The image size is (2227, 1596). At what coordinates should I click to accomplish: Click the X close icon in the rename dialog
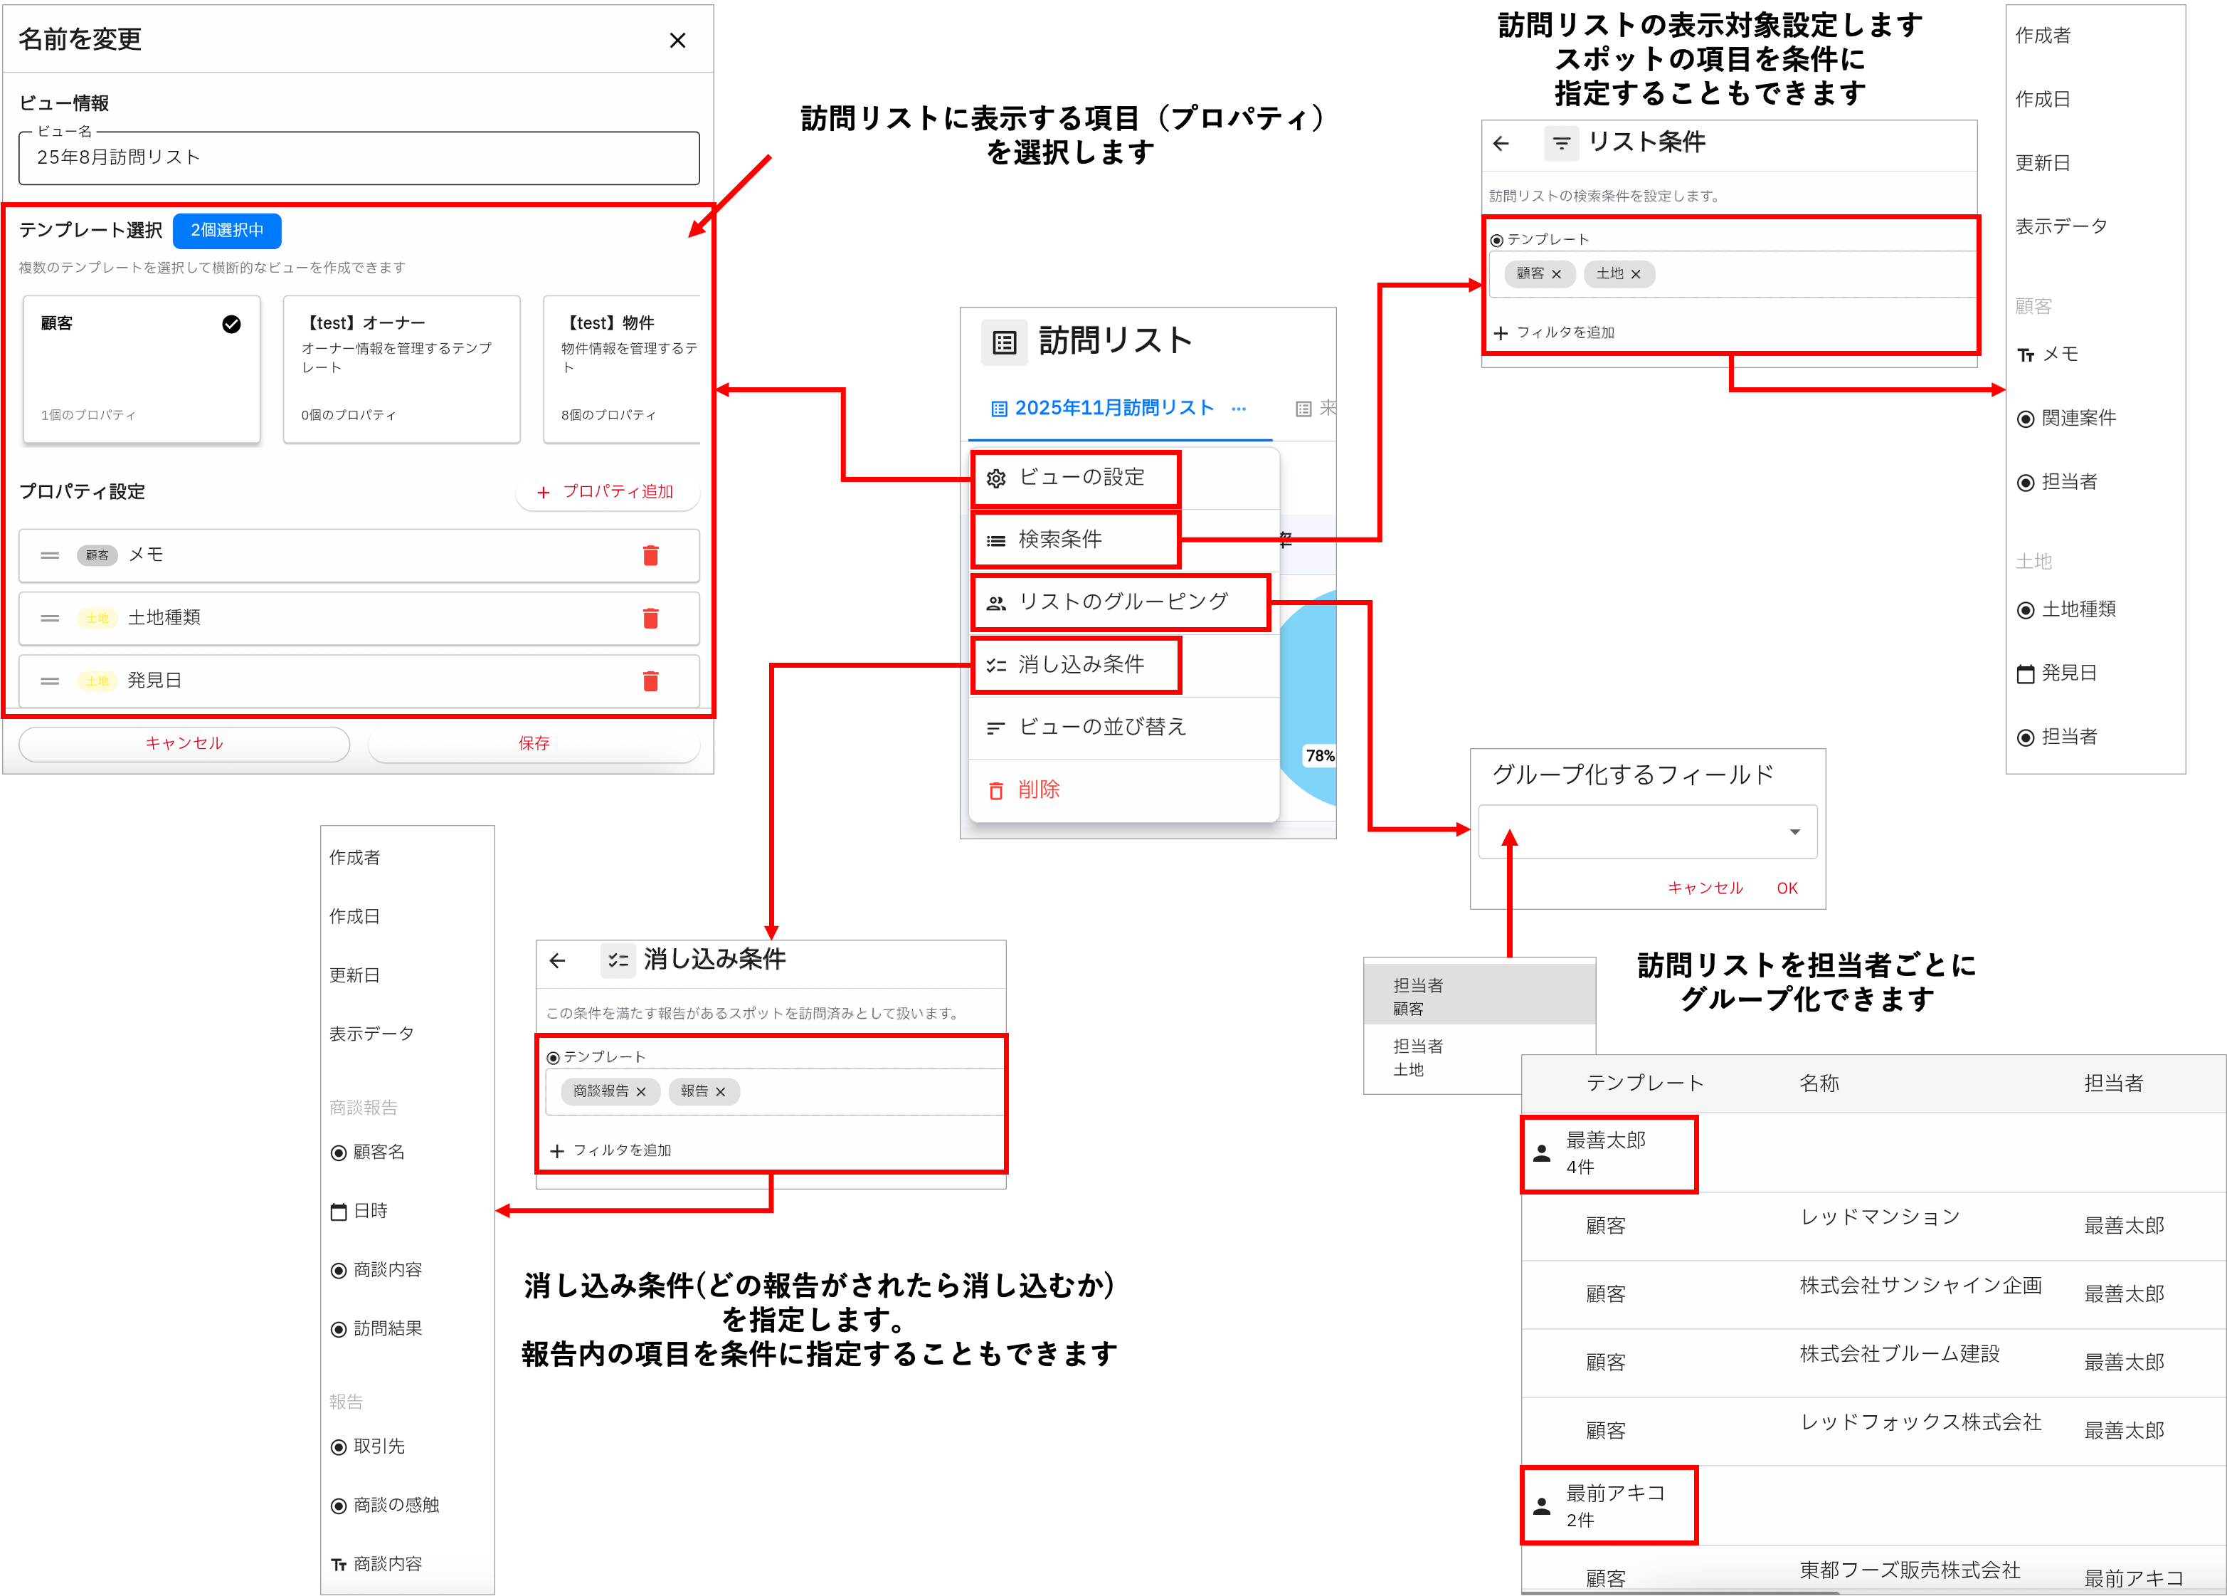677,41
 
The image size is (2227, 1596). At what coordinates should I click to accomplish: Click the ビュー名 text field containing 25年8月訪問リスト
359,158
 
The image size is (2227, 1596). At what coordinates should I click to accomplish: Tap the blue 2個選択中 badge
227,231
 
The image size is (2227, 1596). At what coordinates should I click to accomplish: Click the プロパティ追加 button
607,492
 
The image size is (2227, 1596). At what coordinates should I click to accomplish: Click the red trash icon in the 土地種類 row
650,618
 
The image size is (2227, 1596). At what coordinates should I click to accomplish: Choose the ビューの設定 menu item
1080,478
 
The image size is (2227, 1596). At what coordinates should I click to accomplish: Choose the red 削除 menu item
1038,789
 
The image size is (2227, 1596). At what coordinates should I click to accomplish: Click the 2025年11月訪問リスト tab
1113,409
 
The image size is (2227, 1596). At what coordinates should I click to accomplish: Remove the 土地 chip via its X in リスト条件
1636,275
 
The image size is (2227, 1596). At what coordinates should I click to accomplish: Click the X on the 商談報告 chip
641,1092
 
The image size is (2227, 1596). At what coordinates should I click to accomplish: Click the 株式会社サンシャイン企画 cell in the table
1920,1286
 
